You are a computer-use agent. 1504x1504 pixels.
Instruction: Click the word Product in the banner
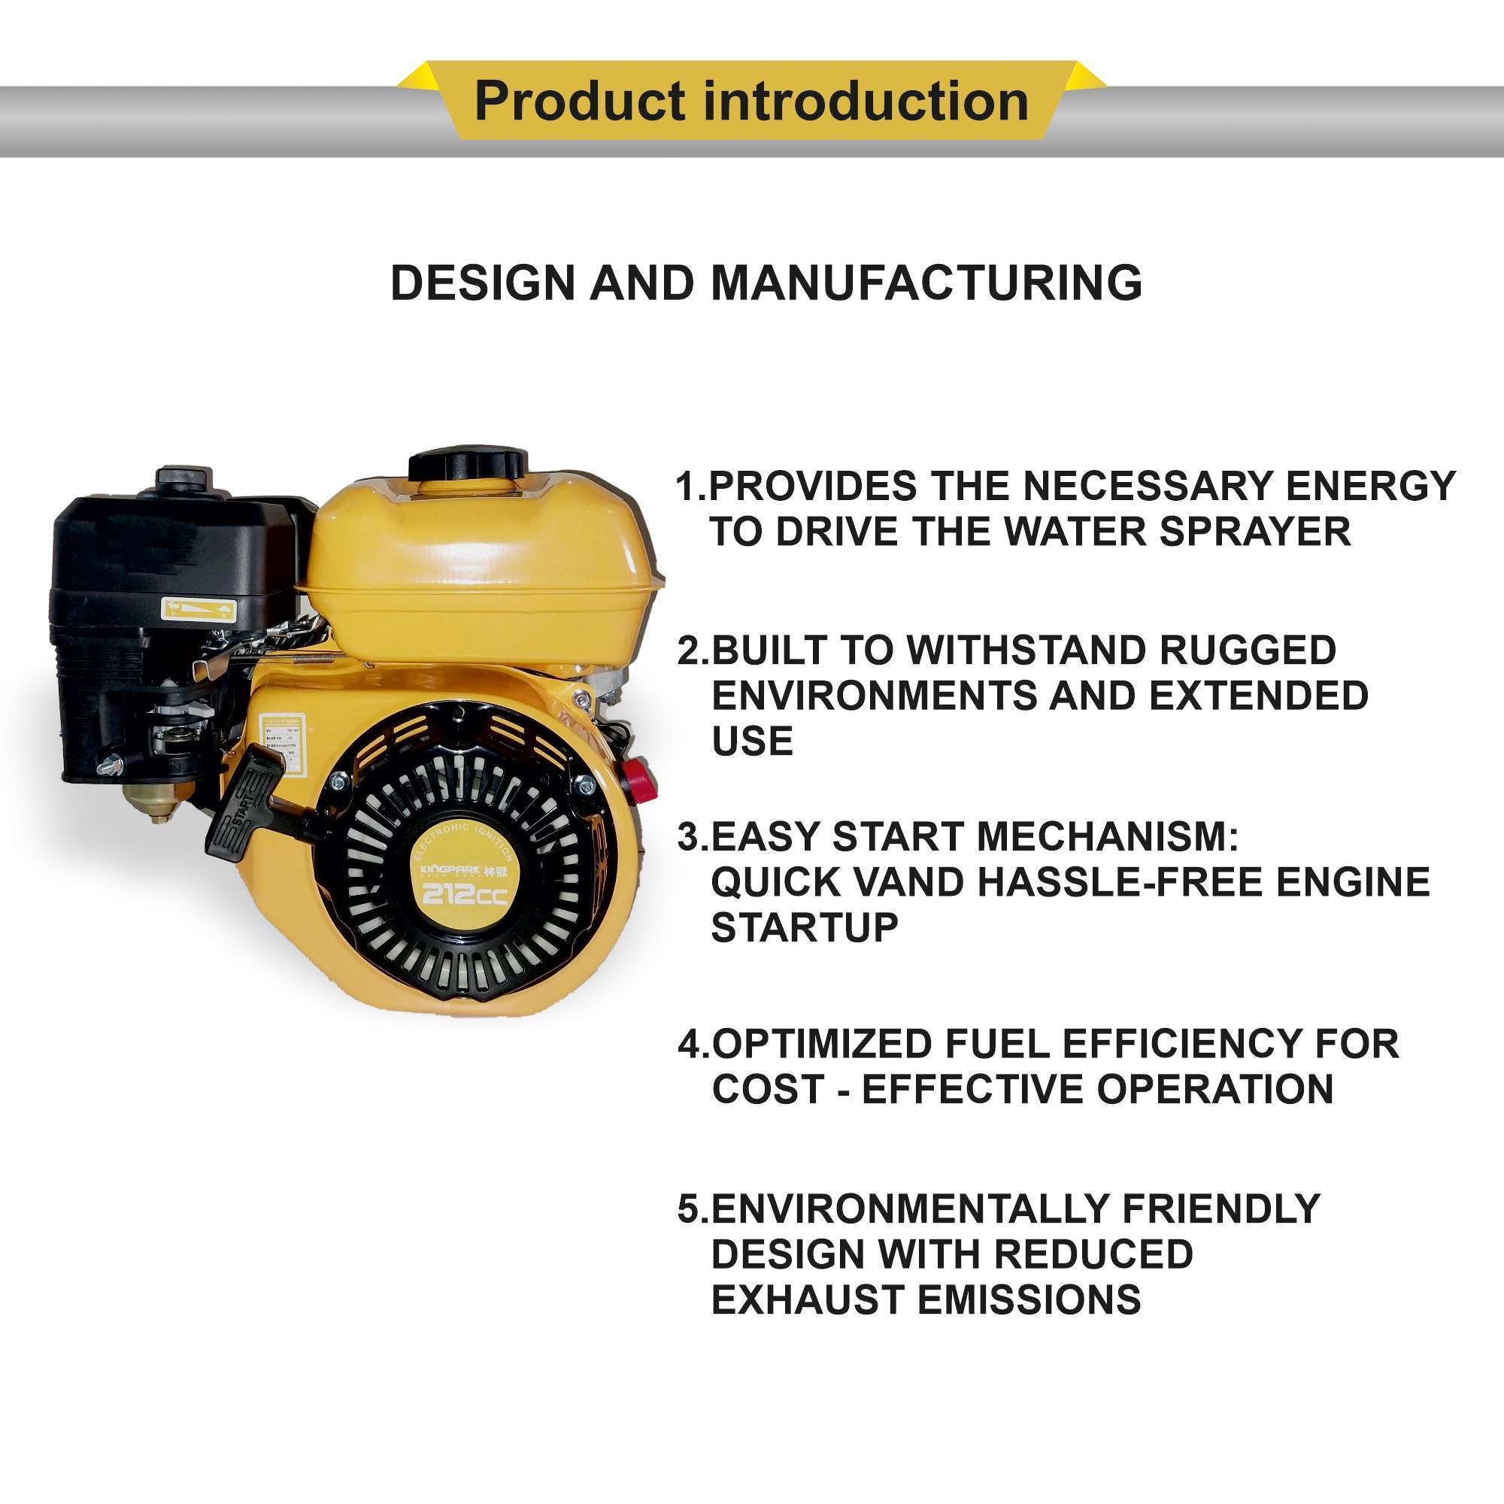point(580,102)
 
